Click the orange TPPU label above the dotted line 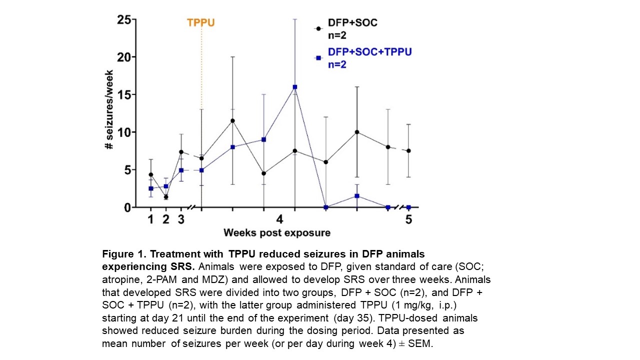[200, 23]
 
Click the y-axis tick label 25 [123, 20]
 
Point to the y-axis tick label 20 [123, 57]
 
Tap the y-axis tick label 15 [123, 95]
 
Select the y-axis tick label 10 [123, 132]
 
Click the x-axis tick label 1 [150, 219]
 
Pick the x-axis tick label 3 [181, 219]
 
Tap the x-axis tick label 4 [279, 219]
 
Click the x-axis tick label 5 [408, 219]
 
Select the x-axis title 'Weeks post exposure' [276, 233]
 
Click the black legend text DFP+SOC [352, 23]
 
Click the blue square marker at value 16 [295, 87]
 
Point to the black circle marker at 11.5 [232, 120]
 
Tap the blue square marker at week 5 [408, 207]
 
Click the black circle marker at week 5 [408, 150]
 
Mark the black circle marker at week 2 [166, 197]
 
